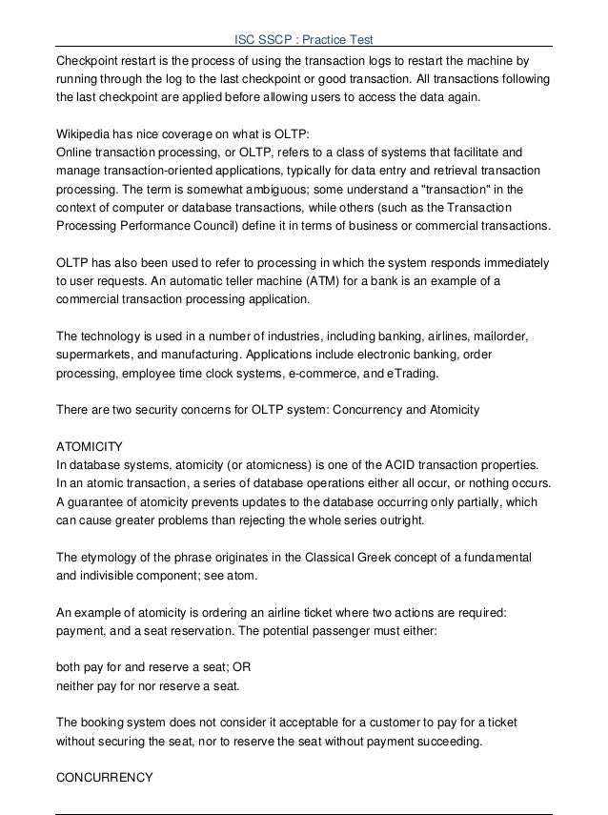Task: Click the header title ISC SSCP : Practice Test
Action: point(304,39)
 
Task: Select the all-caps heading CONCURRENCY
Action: point(105,776)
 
